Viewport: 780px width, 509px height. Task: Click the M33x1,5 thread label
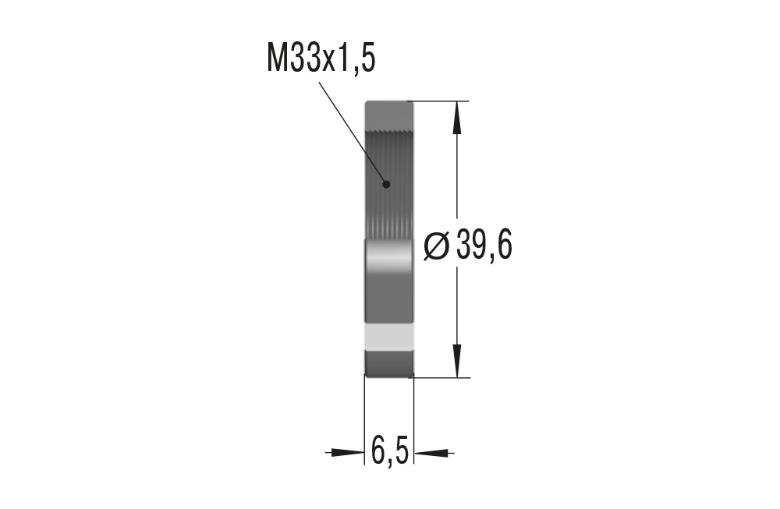coord(321,58)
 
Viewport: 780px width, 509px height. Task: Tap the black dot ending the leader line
coord(385,184)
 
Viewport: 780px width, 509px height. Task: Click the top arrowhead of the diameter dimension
coord(457,117)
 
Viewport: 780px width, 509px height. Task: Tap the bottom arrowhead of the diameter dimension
coord(457,362)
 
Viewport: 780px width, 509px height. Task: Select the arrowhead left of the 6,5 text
coord(346,451)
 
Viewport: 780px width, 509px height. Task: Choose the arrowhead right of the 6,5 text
coord(432,451)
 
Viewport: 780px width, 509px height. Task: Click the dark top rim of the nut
coord(388,109)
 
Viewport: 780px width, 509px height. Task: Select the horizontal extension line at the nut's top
coord(441,101)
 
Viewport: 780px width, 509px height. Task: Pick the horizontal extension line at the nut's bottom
coord(441,377)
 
